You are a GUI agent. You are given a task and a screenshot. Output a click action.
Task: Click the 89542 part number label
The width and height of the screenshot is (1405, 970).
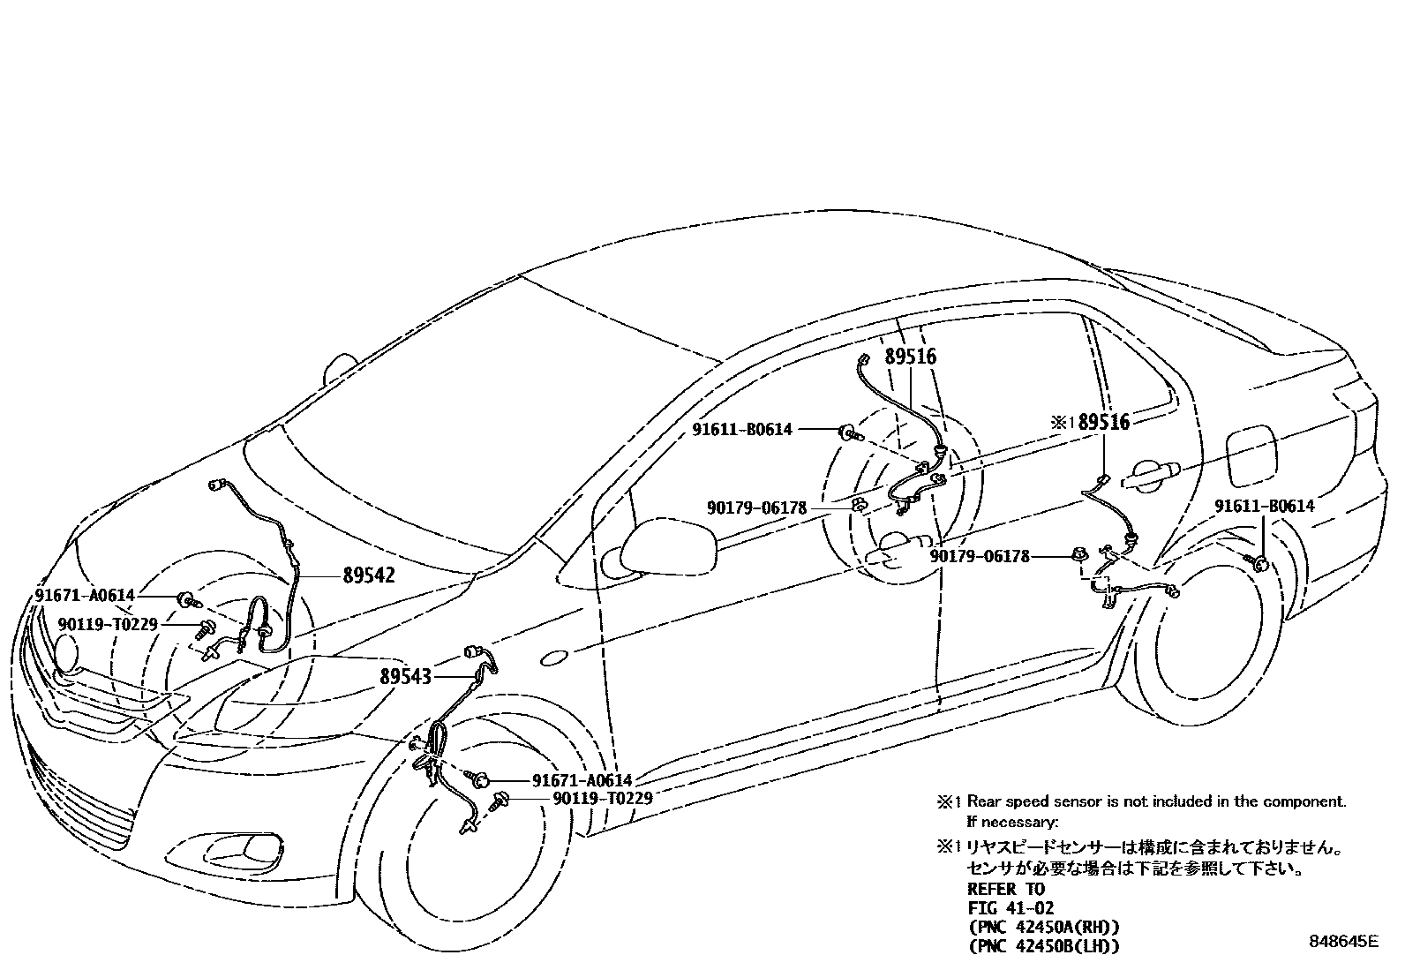coord(369,575)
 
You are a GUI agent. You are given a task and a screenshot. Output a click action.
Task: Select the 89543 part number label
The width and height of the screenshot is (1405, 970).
coord(406,677)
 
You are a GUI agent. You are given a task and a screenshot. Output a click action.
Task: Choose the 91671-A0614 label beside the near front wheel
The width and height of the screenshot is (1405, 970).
coord(582,780)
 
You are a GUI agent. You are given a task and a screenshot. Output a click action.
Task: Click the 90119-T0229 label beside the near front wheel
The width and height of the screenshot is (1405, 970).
coord(603,798)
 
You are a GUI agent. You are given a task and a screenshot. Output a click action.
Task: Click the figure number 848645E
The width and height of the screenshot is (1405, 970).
coord(1342,941)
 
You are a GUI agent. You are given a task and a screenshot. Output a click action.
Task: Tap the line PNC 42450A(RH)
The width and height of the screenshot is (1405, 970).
coord(1043,927)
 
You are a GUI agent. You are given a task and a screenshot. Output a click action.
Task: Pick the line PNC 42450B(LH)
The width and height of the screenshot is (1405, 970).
coord(1043,946)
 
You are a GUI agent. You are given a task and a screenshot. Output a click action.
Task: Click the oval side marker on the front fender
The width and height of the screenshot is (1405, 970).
coord(553,658)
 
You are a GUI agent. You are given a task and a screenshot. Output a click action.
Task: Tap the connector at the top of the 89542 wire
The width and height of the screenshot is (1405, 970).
coord(217,484)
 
